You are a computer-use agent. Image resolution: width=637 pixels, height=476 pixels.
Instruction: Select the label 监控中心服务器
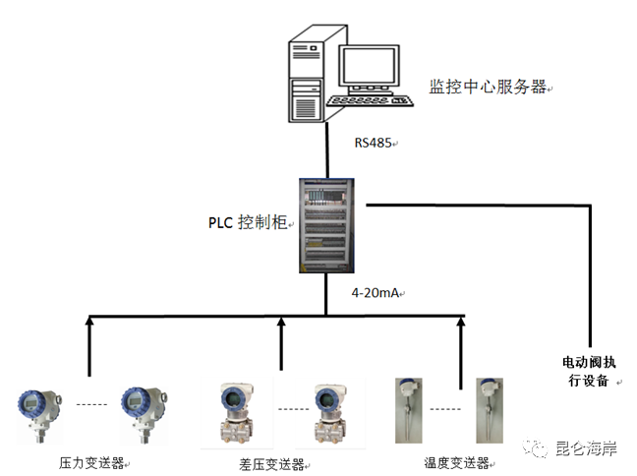(488, 87)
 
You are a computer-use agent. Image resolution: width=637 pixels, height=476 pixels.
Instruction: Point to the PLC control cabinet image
(324, 224)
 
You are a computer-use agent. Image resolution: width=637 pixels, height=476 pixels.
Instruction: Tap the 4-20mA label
(376, 293)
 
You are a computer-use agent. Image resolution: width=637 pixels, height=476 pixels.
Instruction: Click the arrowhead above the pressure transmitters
(89, 321)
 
